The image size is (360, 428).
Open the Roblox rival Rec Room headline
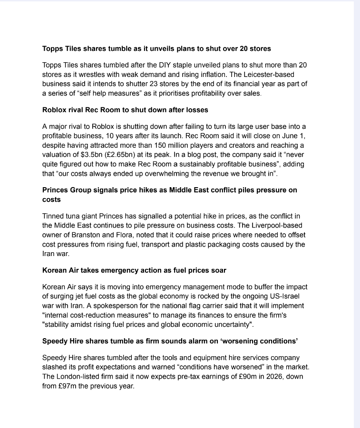point(125,110)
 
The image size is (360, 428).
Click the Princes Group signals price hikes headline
point(170,190)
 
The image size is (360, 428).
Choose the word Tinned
point(55,216)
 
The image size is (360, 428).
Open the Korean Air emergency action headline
point(134,270)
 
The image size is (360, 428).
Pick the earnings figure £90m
point(229,376)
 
